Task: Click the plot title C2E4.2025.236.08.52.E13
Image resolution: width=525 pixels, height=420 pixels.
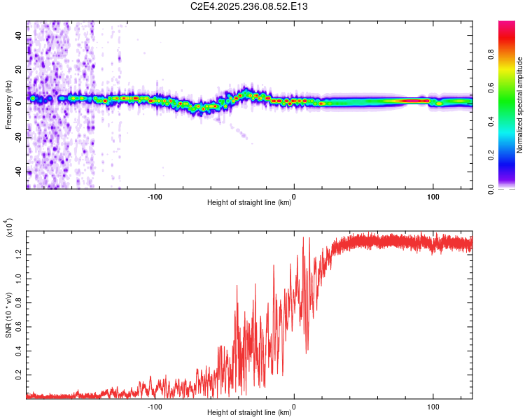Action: [x=259, y=6]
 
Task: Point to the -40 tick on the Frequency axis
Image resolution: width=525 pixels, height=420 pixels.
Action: [x=20, y=172]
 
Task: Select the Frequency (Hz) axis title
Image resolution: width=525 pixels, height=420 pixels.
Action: [x=8, y=105]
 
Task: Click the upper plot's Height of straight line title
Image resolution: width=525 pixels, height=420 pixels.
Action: [x=249, y=203]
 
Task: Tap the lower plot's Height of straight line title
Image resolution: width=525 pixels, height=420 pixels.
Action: [x=249, y=413]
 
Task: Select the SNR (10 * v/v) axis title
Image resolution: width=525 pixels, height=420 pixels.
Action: [x=8, y=312]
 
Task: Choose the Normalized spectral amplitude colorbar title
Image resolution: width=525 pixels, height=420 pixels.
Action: [x=520, y=105]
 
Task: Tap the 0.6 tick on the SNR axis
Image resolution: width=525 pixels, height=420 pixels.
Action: [x=19, y=325]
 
